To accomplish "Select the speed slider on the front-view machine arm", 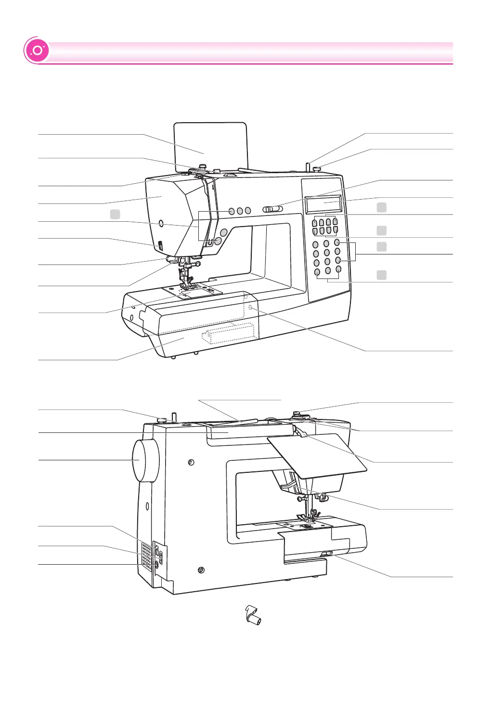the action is coord(272,209).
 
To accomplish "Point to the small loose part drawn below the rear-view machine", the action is coord(253,615).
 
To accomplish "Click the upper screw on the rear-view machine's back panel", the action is coord(191,462).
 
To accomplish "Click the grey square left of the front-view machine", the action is coord(115,214).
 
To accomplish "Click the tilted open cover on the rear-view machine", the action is coord(318,455).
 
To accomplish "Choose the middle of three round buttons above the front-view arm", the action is coord(240,211).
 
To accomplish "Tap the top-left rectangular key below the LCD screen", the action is coord(315,222).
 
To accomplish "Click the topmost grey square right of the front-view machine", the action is coord(381,207).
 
